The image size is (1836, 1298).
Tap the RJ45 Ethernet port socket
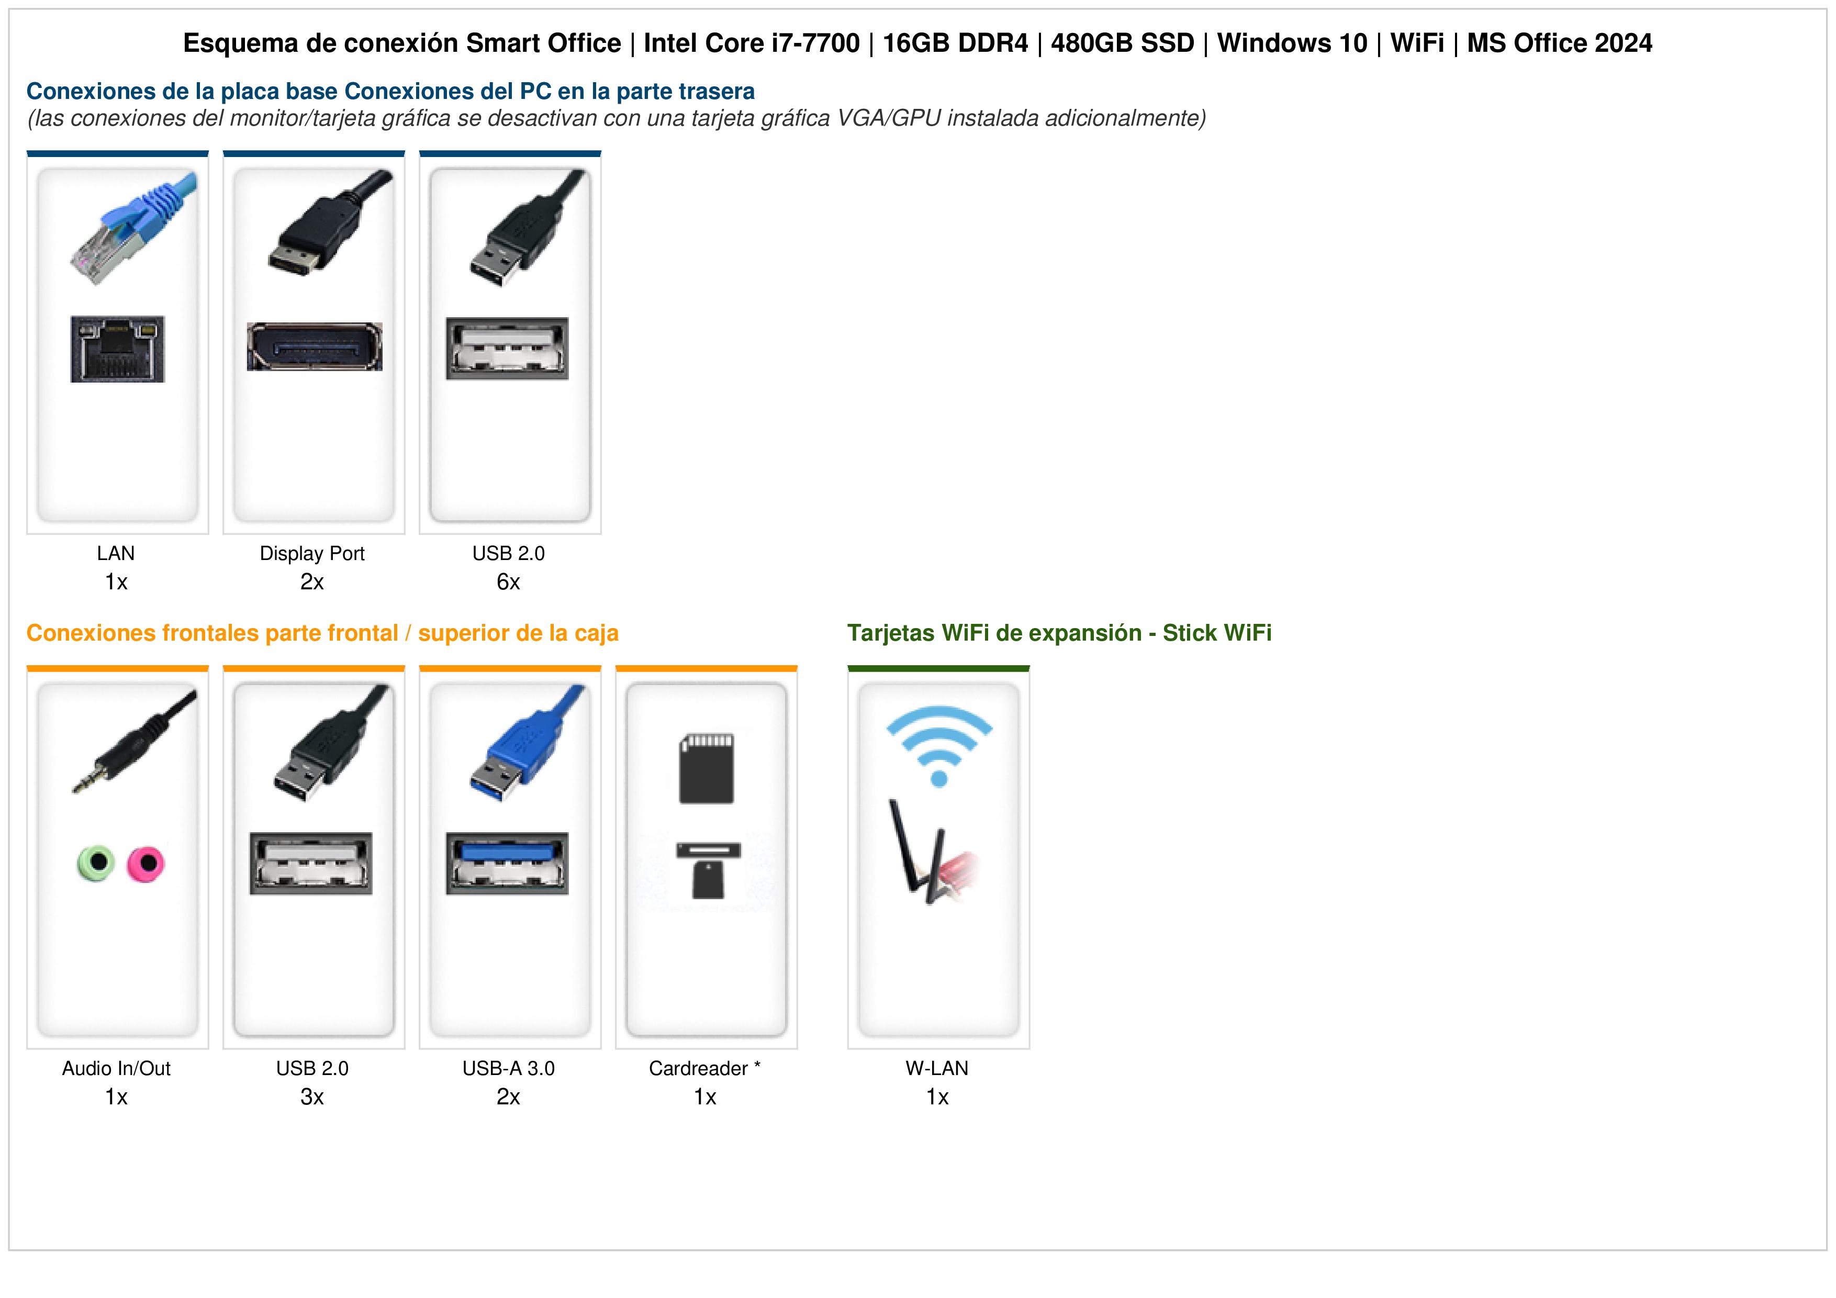118,350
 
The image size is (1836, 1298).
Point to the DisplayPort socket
314,346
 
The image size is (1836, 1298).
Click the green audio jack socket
96,863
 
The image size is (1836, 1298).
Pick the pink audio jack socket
145,864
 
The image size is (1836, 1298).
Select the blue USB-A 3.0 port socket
507,864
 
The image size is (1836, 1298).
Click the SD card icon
706,768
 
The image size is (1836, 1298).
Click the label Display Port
312,553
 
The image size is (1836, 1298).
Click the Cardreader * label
704,1068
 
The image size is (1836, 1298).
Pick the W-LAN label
937,1068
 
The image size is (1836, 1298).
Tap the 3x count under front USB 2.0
312,1097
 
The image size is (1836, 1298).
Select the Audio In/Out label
116,1068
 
